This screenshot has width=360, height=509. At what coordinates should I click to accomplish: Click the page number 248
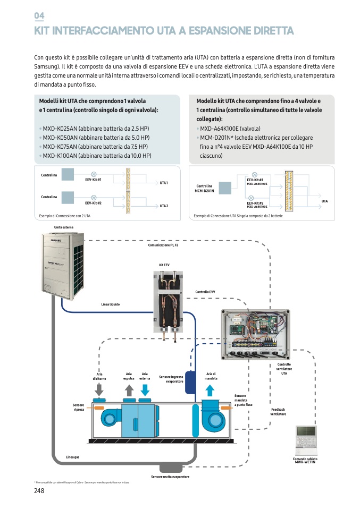39,490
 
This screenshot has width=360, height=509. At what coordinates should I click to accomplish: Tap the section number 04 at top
39,16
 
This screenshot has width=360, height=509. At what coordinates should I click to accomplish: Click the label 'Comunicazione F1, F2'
163,245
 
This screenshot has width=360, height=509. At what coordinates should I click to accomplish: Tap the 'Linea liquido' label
111,304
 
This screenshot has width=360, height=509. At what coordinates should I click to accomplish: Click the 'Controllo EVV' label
205,292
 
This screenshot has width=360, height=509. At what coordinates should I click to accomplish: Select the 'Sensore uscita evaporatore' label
170,477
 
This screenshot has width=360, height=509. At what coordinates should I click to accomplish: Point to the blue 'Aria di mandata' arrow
210,390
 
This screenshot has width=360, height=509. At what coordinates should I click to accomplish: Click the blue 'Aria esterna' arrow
145,389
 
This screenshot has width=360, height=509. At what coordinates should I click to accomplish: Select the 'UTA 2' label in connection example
164,206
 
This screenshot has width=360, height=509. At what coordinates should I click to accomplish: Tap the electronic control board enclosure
256,334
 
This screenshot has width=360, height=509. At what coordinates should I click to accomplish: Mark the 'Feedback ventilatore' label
279,412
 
